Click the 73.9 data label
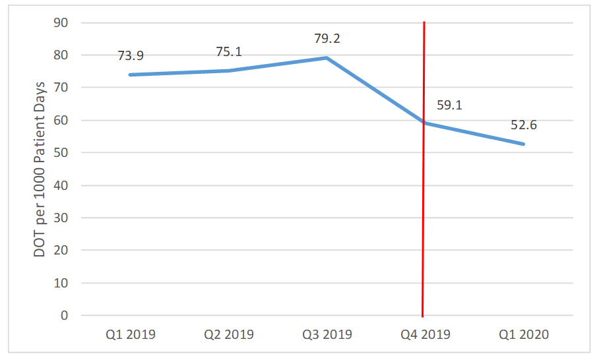pyautogui.click(x=131, y=56)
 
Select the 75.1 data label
pyautogui.click(x=229, y=52)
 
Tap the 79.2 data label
pyautogui.click(x=327, y=39)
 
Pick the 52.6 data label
pyautogui.click(x=523, y=125)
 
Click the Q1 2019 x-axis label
pyautogui.click(x=130, y=334)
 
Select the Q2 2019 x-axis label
pyautogui.click(x=229, y=334)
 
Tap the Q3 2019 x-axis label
pyautogui.click(x=327, y=334)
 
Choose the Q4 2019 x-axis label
pyautogui.click(x=426, y=334)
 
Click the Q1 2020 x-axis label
pyautogui.click(x=524, y=334)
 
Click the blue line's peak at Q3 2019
pyautogui.click(x=327, y=57)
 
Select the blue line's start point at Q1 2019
pyautogui.click(x=131, y=75)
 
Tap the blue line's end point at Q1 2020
pyautogui.click(x=524, y=144)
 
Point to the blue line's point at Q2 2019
pyautogui.click(x=229, y=71)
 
